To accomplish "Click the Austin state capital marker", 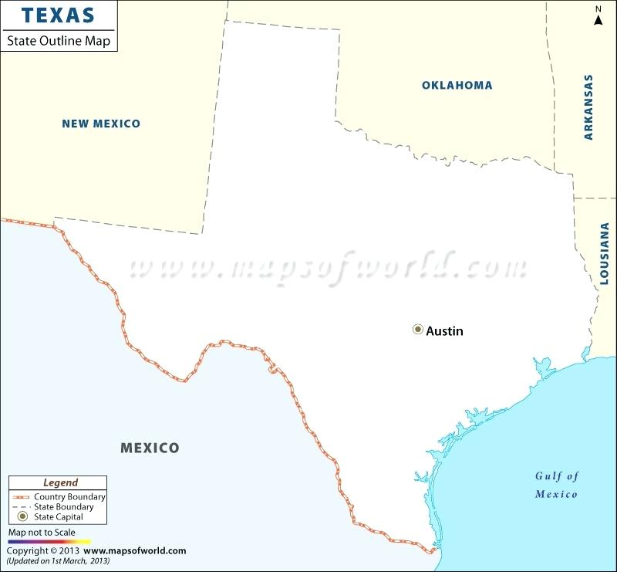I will click(x=418, y=330).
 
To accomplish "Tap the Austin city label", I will click(x=445, y=331).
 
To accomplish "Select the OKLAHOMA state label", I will click(x=457, y=85).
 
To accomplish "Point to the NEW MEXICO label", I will click(x=101, y=124).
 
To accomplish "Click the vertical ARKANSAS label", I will click(x=588, y=107).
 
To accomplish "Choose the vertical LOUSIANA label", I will click(x=604, y=252).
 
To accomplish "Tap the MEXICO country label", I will click(x=150, y=448).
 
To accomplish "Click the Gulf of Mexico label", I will click(x=557, y=485).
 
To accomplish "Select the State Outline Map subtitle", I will click(x=59, y=40).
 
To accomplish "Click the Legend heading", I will click(x=60, y=482).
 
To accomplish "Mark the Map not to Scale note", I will click(x=42, y=533).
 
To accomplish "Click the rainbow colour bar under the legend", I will click(x=49, y=542).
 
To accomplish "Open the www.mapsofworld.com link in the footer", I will click(x=135, y=550).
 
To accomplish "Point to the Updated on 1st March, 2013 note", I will click(x=58, y=560).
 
